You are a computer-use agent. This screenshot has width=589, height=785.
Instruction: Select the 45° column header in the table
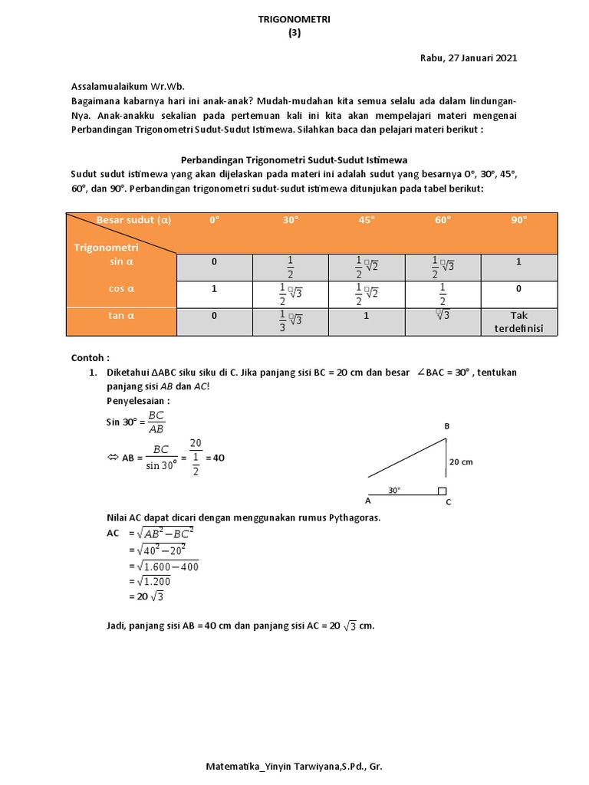coord(366,220)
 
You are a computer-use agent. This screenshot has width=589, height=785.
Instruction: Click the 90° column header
coord(519,220)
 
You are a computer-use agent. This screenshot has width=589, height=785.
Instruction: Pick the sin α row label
coord(121,262)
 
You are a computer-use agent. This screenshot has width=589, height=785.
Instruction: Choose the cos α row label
coord(121,290)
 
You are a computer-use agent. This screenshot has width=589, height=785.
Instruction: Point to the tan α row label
coord(121,315)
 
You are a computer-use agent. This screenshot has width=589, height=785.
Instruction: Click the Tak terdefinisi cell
coord(519,322)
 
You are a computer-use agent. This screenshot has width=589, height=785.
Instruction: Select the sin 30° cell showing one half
coord(290,268)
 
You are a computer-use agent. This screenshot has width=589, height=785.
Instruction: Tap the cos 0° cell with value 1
coord(214,290)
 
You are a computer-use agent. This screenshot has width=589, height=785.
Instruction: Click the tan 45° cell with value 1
coord(366,315)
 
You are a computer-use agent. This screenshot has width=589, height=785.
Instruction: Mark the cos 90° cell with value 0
coord(519,290)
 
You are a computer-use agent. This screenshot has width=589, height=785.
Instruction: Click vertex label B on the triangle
coord(447,426)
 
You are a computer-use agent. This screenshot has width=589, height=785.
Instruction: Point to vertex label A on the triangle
coord(367,501)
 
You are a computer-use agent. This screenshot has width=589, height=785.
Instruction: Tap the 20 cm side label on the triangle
coord(462,462)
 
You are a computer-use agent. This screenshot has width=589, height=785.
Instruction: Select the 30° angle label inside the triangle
coord(394,490)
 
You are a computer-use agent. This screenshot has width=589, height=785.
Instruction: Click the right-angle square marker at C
coord(441,491)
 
